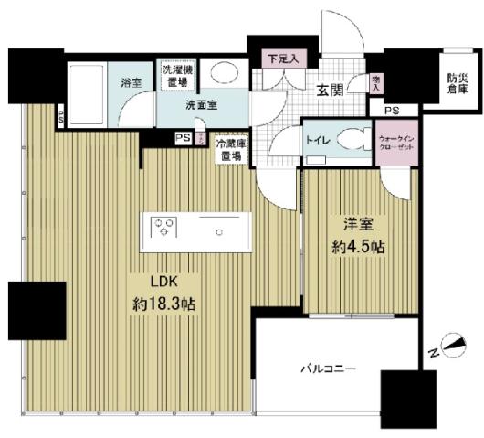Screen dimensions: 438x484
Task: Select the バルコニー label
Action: pos(328,369)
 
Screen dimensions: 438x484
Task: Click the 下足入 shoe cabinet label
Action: pos(281,59)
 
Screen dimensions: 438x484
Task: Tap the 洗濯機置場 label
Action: pos(176,76)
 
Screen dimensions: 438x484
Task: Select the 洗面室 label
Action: pos(202,106)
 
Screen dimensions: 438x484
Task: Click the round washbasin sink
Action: pos(220,74)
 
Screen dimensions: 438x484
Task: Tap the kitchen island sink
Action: pos(219,231)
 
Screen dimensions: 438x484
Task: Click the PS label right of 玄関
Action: pos(392,111)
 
